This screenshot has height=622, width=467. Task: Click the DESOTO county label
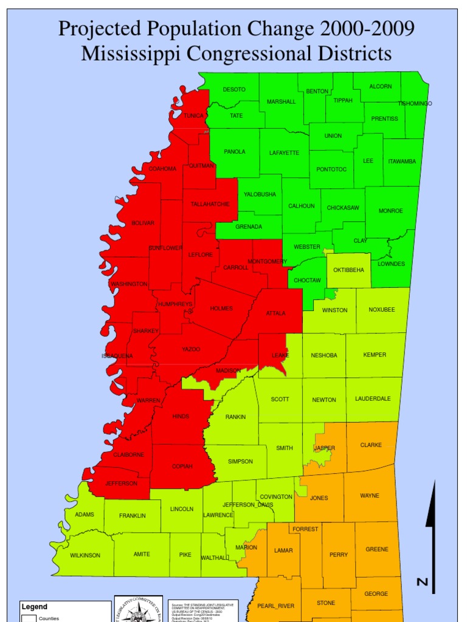pos(234,89)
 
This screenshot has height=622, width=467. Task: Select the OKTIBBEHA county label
pos(349,270)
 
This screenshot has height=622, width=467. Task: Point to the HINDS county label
pos(181,416)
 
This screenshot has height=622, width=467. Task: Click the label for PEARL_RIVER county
pos(275,606)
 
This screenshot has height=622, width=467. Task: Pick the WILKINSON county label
pos(85,555)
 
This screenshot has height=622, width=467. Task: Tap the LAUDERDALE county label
pos(373,398)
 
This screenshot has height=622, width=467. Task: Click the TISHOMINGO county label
pos(415,104)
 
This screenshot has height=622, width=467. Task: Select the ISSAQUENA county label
pos(117,356)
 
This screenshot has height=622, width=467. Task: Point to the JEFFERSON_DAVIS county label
pos(247,505)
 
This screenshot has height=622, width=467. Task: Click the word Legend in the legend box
pos(35,606)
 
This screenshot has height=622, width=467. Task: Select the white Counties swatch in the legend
pos(29,618)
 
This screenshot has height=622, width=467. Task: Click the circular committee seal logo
pos(139,609)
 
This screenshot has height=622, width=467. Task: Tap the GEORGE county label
pos(376,594)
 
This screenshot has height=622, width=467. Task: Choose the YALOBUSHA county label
pos(260,194)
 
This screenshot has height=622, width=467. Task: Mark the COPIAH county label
pos(182,466)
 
